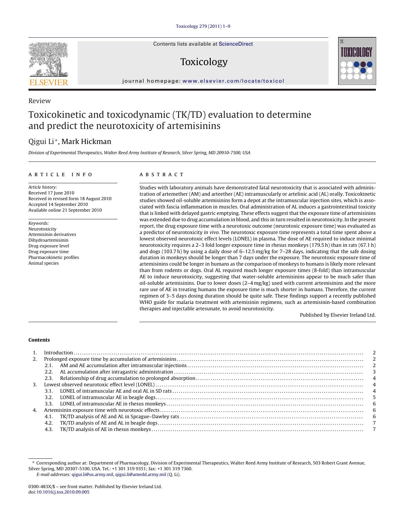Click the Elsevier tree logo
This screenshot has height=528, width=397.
(x=48, y=61)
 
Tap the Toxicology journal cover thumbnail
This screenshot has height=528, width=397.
(x=357, y=61)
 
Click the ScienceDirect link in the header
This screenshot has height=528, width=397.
(x=235, y=44)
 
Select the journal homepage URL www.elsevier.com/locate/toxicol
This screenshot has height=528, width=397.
(x=233, y=81)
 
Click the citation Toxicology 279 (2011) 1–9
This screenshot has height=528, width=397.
(x=203, y=26)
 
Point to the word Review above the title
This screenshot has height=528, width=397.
(x=39, y=101)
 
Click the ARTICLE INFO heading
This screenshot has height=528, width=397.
(x=60, y=175)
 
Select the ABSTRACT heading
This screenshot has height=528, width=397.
(x=162, y=175)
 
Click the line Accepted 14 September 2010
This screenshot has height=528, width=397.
(x=58, y=204)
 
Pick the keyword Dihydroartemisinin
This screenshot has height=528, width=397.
(x=48, y=240)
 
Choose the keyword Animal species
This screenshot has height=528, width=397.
(x=44, y=263)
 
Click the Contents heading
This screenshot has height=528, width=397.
(x=39, y=340)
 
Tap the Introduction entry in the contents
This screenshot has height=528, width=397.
(x=58, y=353)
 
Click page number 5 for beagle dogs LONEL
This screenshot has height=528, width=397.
(x=374, y=397)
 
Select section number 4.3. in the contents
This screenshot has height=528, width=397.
(x=49, y=429)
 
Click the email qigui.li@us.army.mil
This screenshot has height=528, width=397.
(x=92, y=474)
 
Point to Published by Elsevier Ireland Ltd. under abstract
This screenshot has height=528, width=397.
(x=337, y=315)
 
